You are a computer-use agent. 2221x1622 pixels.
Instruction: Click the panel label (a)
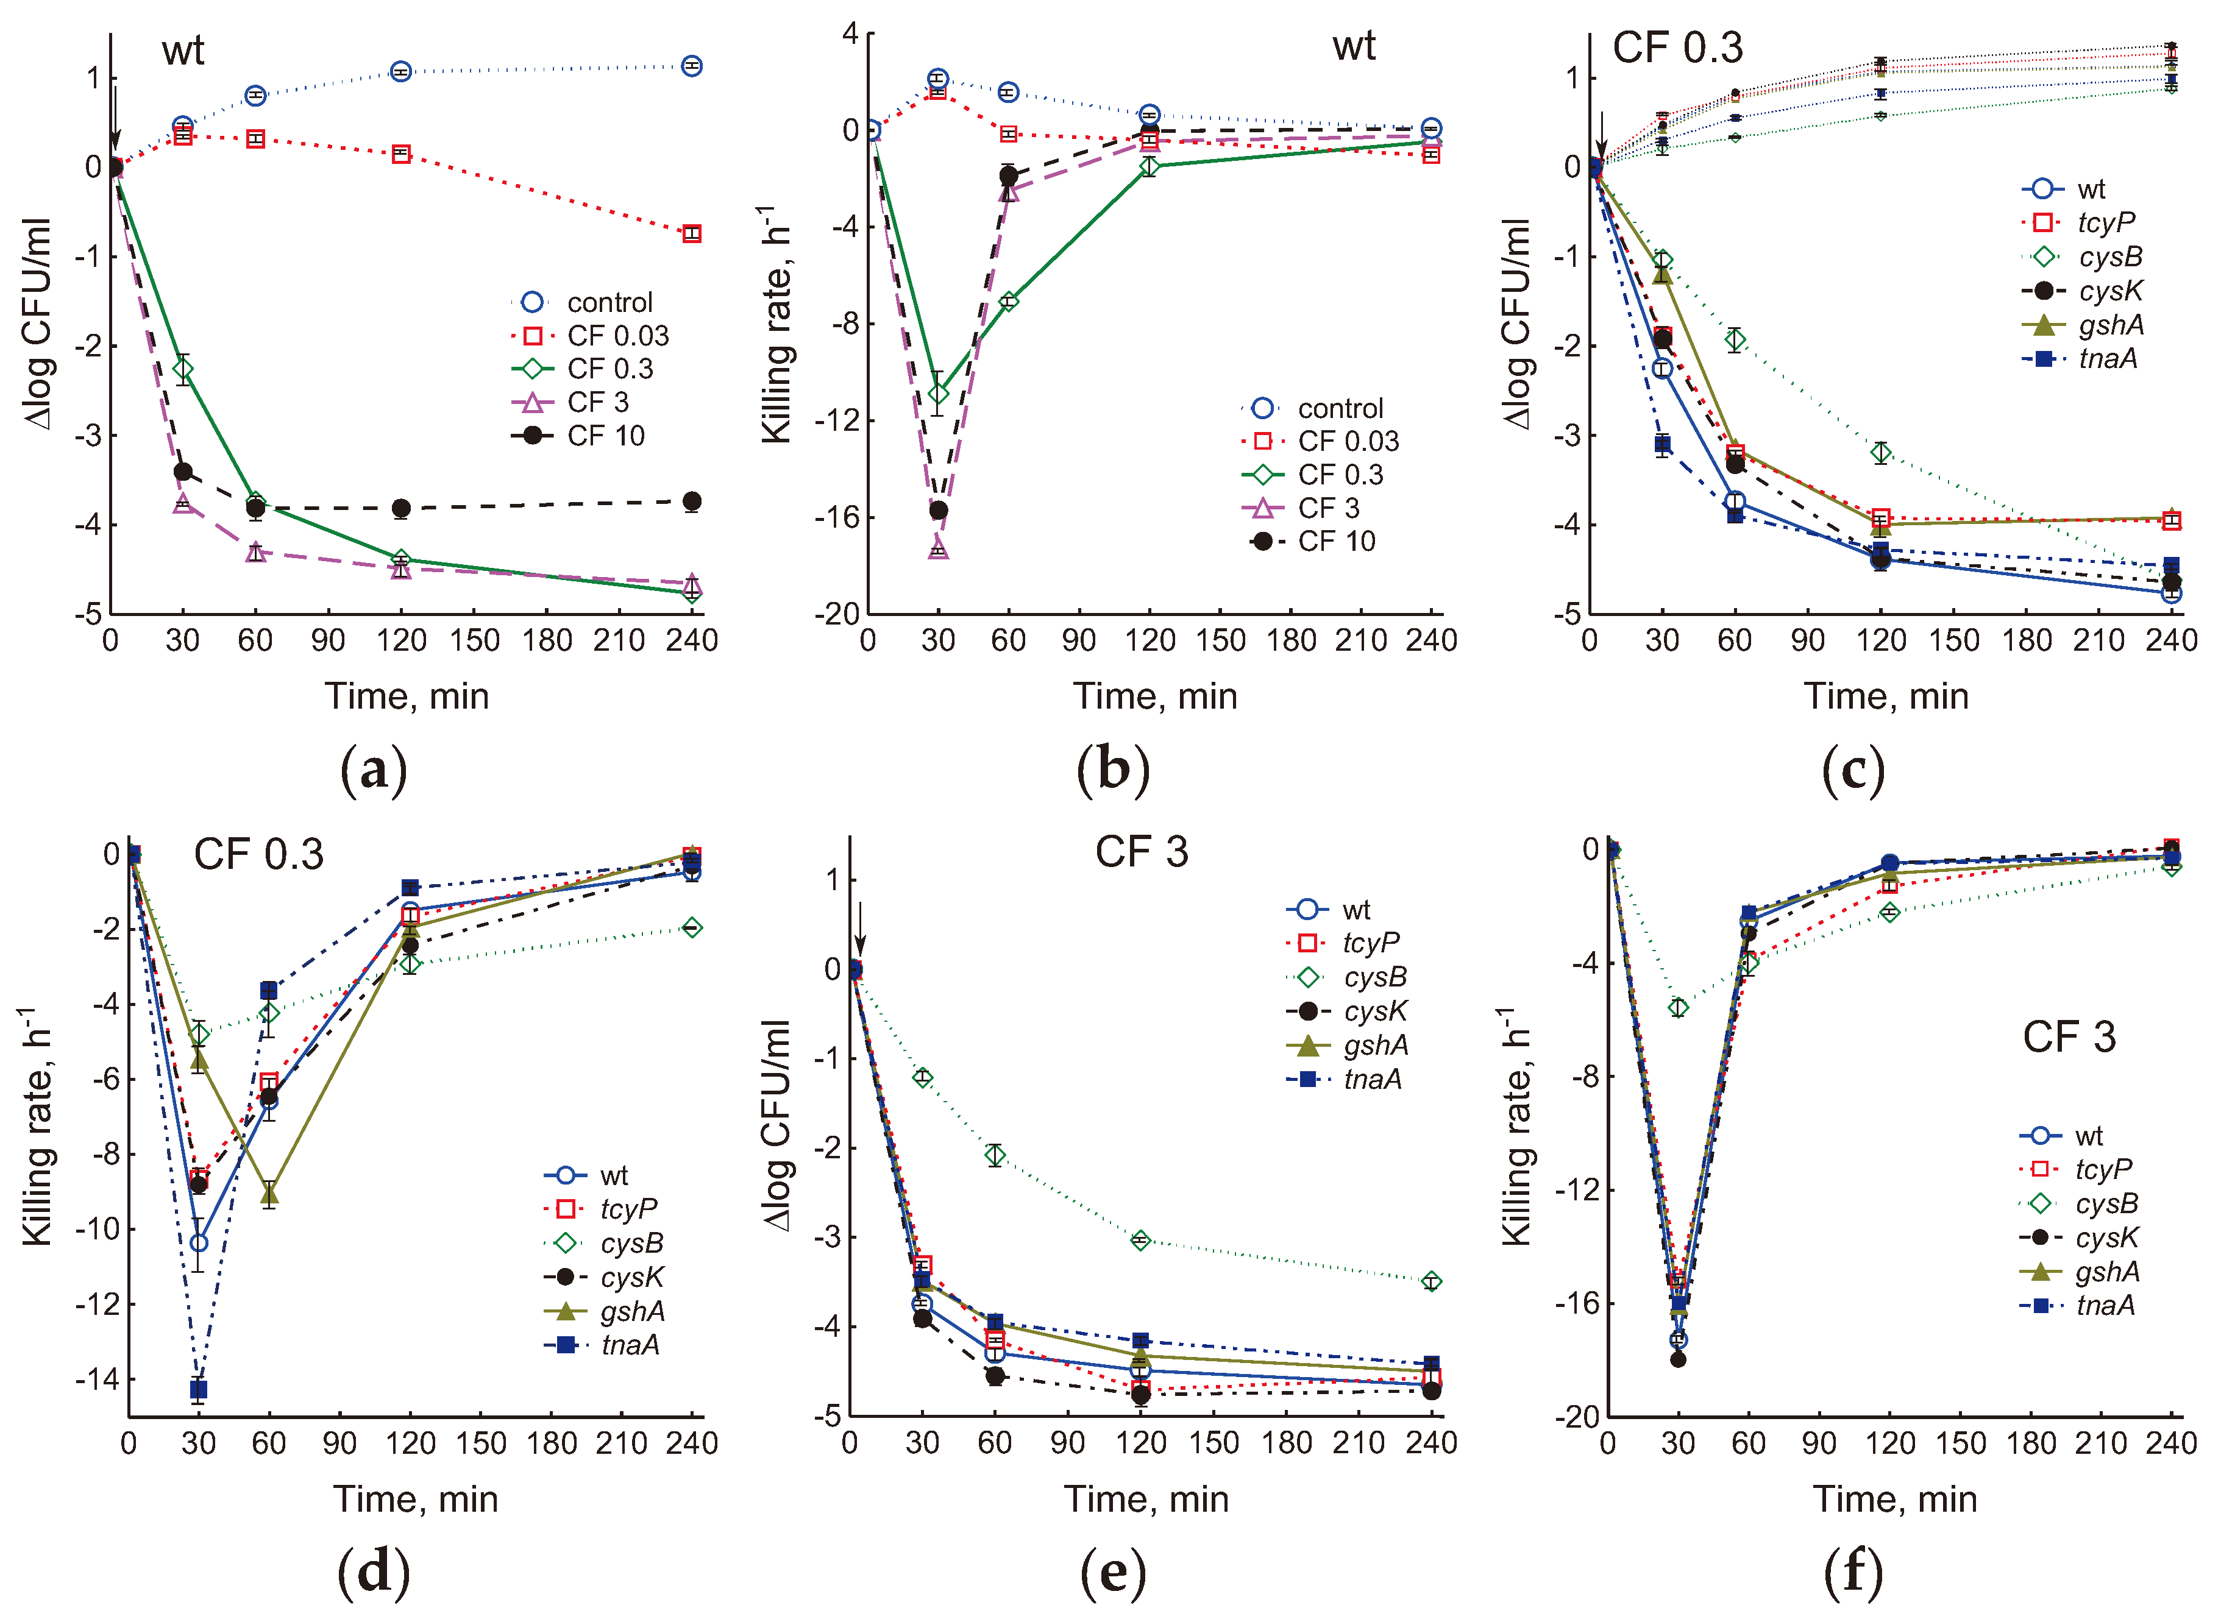pyautogui.click(x=372, y=772)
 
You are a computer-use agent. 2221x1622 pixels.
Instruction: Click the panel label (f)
pyautogui.click(x=1853, y=1572)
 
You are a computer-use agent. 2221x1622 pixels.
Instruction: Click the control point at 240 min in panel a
pyautogui.click(x=691, y=66)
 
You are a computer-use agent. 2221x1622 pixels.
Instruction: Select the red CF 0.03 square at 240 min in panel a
pyautogui.click(x=691, y=234)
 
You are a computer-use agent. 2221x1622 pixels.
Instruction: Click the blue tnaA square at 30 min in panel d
pyautogui.click(x=198, y=1389)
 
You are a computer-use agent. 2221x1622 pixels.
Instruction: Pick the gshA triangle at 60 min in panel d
pyautogui.click(x=268, y=1194)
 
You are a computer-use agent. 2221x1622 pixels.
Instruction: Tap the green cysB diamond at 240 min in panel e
pyautogui.click(x=1430, y=1281)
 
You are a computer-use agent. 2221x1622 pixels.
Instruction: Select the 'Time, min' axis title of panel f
pyautogui.click(x=1894, y=1500)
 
